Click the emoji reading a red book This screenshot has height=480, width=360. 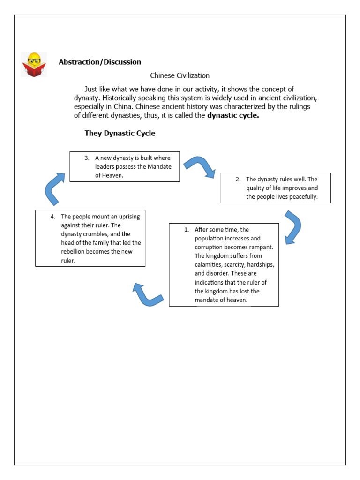(x=34, y=65)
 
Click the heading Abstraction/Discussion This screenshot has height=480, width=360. (x=100, y=62)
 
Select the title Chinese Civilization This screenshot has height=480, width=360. (x=180, y=75)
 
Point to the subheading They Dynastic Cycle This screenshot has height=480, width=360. (x=120, y=133)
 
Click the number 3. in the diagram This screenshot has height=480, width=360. (x=87, y=158)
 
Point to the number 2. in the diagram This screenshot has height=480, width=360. (x=238, y=179)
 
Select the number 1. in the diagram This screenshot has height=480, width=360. (x=186, y=230)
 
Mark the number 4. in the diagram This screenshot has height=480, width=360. (x=53, y=217)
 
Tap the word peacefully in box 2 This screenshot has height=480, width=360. (x=301, y=197)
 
